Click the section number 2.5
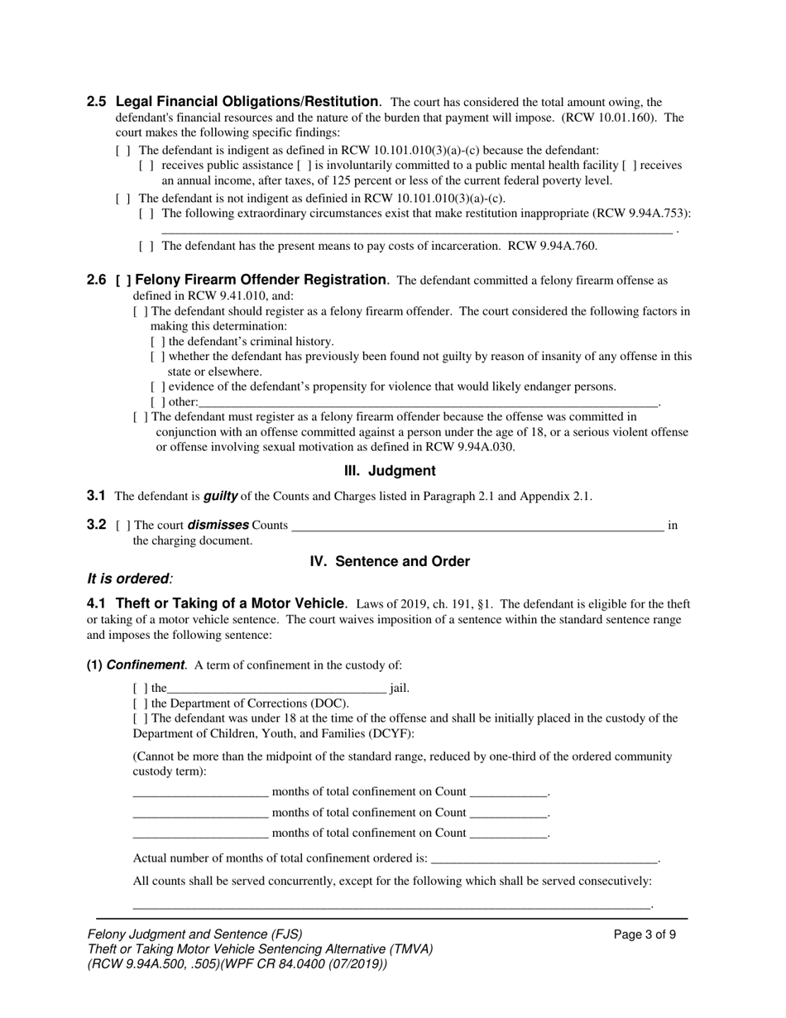(x=96, y=102)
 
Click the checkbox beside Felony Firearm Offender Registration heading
(x=123, y=281)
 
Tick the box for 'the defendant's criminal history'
(x=157, y=342)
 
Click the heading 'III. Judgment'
(x=390, y=471)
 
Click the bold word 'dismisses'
(x=218, y=525)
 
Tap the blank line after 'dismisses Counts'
(x=477, y=526)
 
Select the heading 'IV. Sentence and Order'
(x=390, y=561)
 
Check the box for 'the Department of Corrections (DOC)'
(x=140, y=703)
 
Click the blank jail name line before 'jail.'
(x=276, y=689)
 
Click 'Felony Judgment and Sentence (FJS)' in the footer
(x=194, y=934)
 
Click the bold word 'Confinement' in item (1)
(x=145, y=665)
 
